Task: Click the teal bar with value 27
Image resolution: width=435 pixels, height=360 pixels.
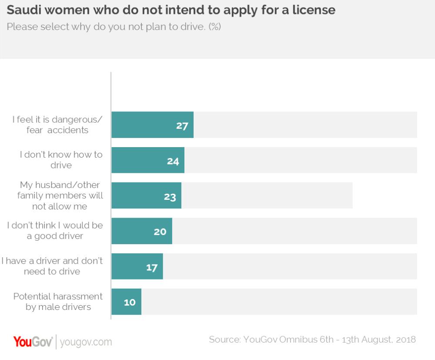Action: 152,125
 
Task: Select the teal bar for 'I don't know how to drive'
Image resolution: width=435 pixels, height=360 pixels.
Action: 148,160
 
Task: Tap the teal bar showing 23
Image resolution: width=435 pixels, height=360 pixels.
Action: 146,195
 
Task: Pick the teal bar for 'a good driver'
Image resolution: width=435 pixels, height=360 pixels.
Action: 142,231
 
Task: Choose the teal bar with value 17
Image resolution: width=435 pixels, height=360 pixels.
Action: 137,266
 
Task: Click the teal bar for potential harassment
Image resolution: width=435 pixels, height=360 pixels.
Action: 126,301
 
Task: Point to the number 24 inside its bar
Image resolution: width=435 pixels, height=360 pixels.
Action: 173,161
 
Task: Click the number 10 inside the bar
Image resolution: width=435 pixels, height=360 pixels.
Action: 130,302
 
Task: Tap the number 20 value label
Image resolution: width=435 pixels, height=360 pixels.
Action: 160,232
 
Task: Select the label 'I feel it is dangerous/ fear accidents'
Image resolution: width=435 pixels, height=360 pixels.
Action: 57,124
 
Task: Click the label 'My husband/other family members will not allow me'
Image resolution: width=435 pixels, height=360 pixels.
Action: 60,195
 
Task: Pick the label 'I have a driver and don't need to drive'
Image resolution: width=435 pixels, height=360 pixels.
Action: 52,266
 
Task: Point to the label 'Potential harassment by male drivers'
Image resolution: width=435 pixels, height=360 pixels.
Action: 58,301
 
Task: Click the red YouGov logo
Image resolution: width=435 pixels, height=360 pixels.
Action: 33,341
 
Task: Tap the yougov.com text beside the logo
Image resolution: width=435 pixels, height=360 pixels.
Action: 86,342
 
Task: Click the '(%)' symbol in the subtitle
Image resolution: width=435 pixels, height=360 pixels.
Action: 215,26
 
